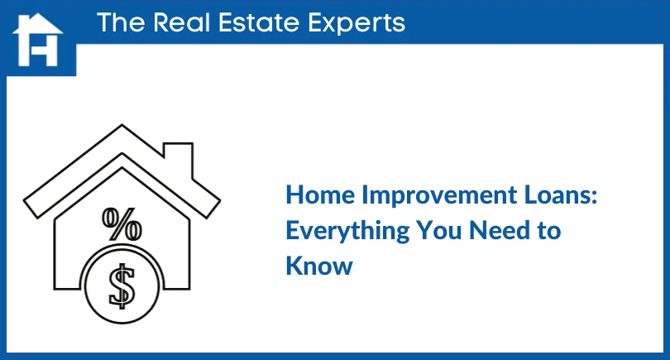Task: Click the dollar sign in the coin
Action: point(124,285)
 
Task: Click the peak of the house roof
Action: point(122,127)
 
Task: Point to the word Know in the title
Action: point(318,266)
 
